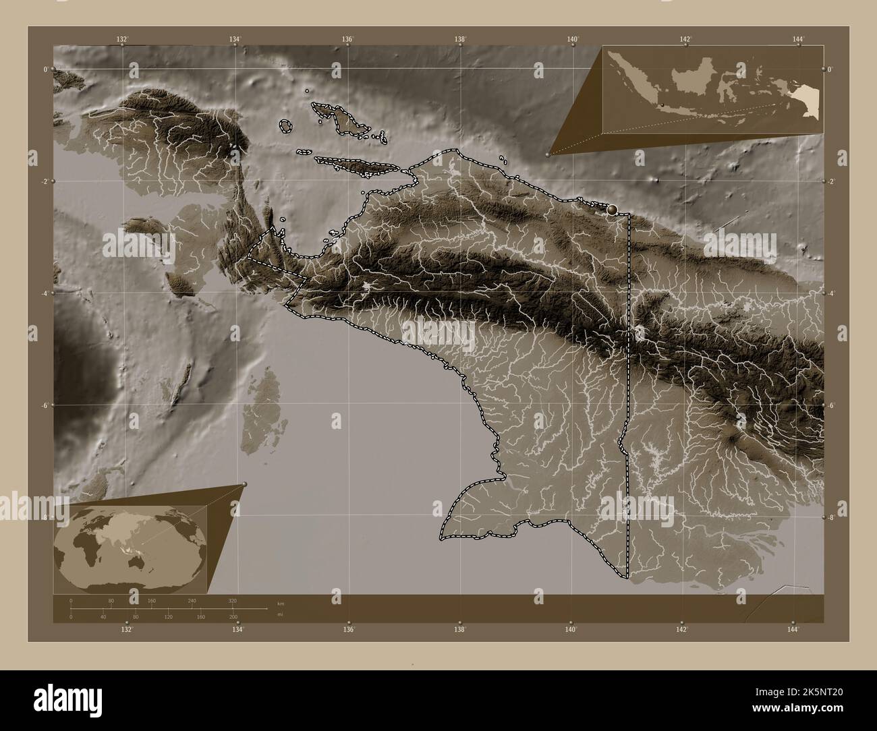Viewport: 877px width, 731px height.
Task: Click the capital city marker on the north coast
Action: coord(613,210)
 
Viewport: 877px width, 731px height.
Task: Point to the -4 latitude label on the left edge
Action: coord(45,293)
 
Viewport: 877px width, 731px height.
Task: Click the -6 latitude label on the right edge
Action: coord(831,405)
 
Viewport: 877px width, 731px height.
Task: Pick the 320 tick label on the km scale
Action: coord(233,600)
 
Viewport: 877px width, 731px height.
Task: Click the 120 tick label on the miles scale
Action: coord(169,616)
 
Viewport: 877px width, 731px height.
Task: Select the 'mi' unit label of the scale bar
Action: coord(280,614)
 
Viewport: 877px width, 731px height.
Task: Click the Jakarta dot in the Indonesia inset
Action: coord(662,105)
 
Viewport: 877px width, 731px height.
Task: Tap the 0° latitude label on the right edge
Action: coord(831,69)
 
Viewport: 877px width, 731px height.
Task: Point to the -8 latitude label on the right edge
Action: coord(831,518)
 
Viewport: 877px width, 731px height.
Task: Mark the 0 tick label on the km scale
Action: coord(71,600)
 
